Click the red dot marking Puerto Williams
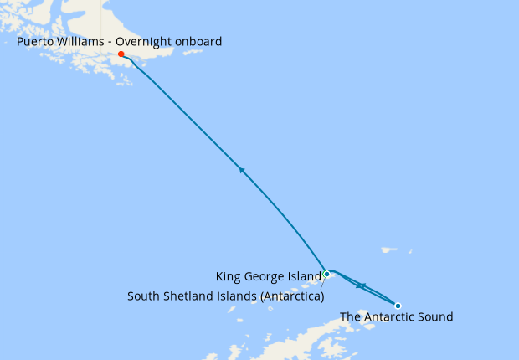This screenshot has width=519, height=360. click(x=121, y=54)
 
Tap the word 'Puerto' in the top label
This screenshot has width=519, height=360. click(x=37, y=41)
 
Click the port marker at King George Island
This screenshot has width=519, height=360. click(x=326, y=274)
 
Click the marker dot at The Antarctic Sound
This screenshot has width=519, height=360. click(x=398, y=306)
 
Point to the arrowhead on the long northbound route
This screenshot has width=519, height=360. click(x=242, y=170)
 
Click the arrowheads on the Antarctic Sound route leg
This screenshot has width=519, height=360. click(x=359, y=286)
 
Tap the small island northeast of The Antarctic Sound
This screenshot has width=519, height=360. click(x=388, y=249)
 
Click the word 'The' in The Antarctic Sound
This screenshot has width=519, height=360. click(x=351, y=316)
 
